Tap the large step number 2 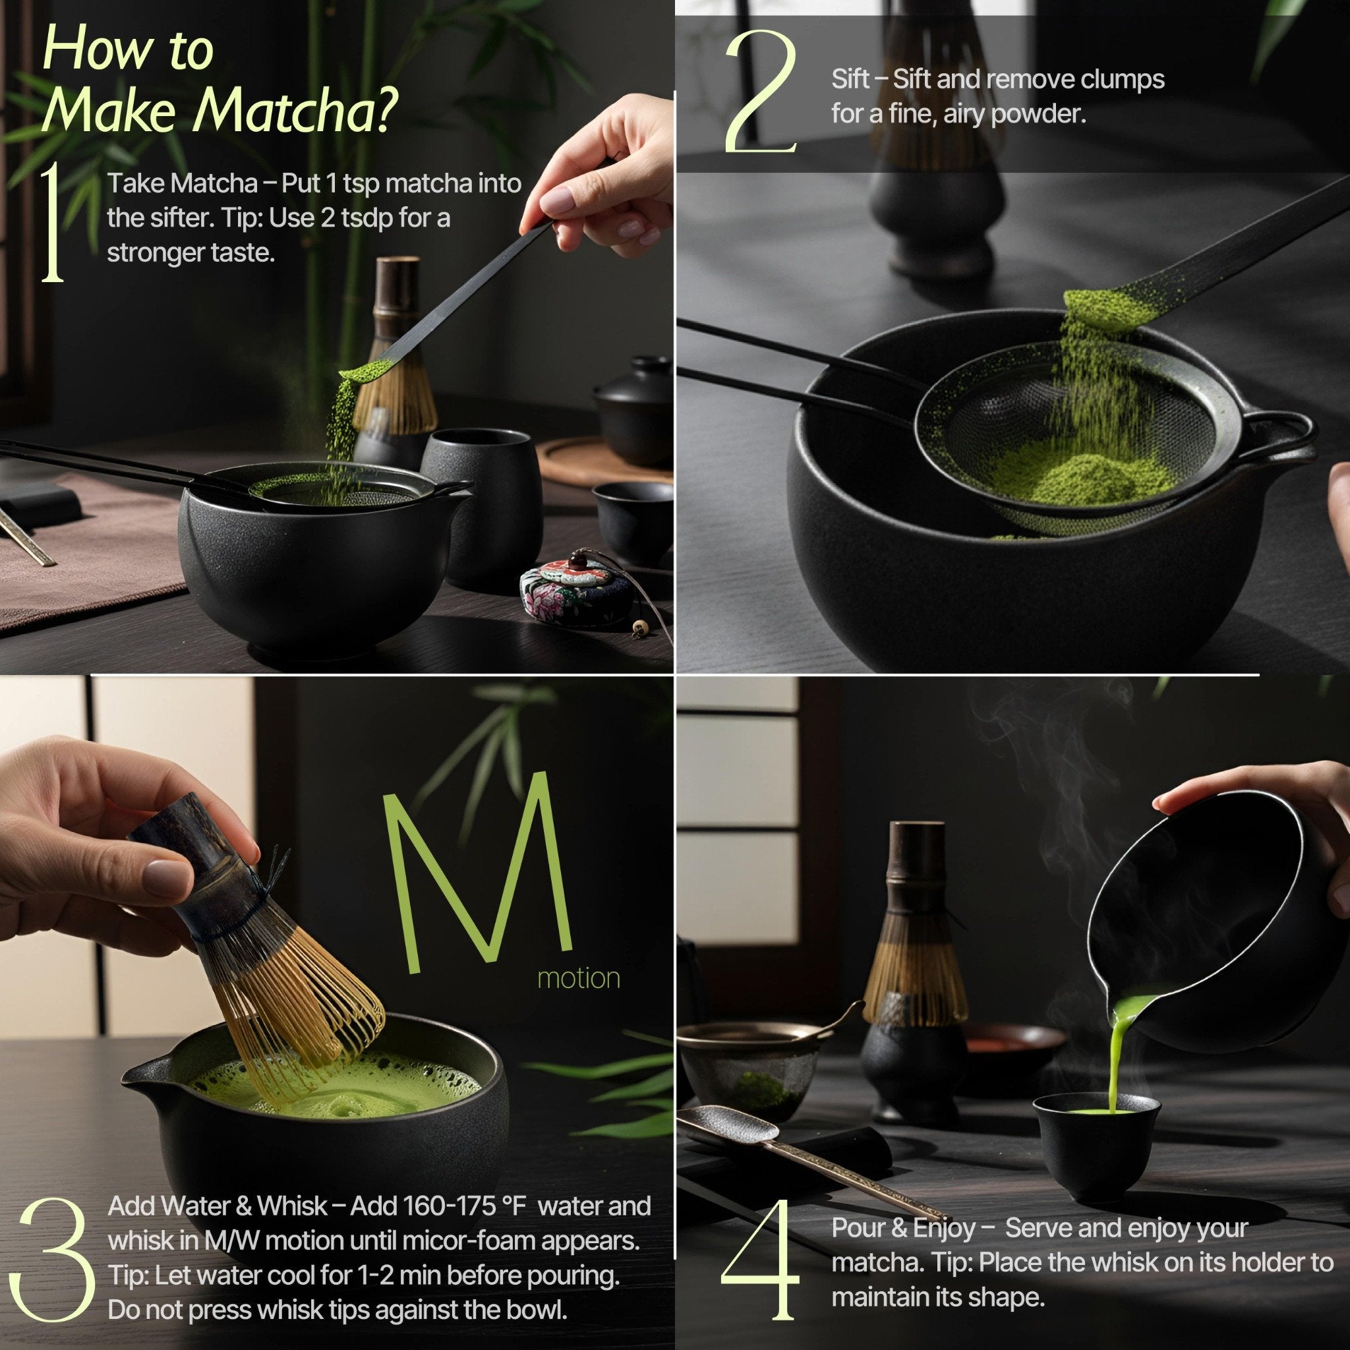click(x=760, y=91)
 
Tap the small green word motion click(x=578, y=978)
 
